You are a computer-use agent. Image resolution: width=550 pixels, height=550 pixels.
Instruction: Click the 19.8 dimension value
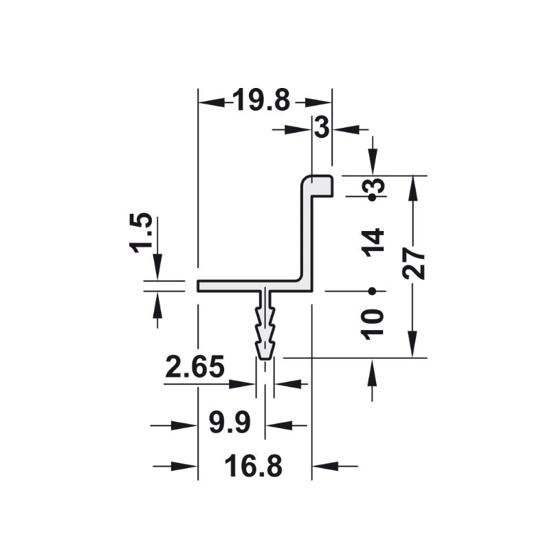pos(261,100)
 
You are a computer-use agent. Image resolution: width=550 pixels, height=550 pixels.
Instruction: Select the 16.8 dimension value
pos(253,466)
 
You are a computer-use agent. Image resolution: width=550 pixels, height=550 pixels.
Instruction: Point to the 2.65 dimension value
pos(195,366)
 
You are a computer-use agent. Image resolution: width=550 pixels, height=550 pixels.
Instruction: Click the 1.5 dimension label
pos(141,232)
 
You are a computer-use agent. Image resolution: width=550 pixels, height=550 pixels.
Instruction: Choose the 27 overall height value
pos(414,263)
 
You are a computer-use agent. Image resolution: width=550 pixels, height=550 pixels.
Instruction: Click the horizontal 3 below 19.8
pos(322,127)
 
